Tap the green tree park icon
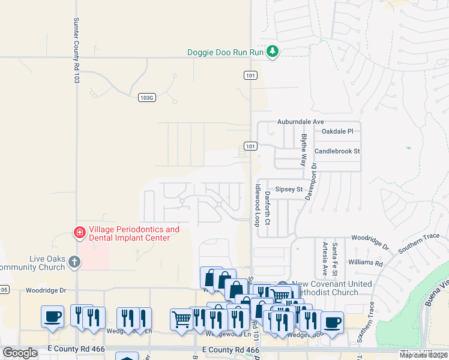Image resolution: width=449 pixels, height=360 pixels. point(273,52)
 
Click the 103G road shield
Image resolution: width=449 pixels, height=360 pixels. point(146,97)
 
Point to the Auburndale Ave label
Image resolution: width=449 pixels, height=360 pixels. point(300,121)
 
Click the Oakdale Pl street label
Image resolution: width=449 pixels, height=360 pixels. point(342,131)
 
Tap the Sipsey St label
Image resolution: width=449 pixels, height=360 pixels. point(289,189)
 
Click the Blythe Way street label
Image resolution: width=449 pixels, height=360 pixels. point(304,150)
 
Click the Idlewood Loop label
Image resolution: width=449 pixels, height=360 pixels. point(256,205)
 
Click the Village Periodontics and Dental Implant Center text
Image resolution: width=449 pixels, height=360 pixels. point(134,233)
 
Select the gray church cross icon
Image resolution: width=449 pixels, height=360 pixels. point(74,261)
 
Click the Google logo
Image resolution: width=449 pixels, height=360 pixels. point(20,353)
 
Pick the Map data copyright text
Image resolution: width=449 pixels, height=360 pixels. point(423,355)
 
